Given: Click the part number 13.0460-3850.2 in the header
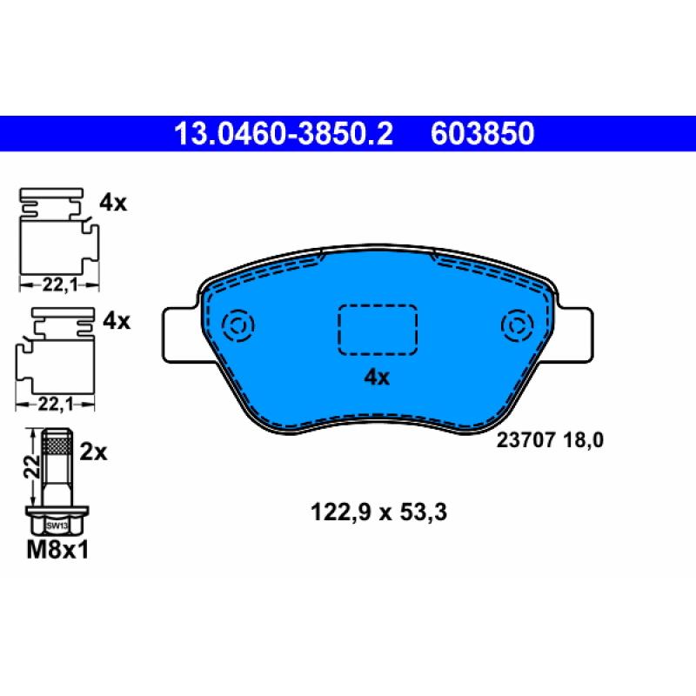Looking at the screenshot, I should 284,133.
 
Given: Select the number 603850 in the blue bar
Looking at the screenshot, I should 481,133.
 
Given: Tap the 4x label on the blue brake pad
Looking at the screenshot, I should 377,378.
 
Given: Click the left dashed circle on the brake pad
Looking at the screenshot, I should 238,327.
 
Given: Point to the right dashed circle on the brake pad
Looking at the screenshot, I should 516,327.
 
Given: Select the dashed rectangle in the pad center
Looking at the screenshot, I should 378,330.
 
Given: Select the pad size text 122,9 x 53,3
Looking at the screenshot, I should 378,513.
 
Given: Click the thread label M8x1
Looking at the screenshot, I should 59,551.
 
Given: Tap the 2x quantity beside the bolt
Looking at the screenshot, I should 92,452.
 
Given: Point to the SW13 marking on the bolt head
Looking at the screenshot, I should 57,525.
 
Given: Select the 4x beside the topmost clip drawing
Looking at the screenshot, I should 113,204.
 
